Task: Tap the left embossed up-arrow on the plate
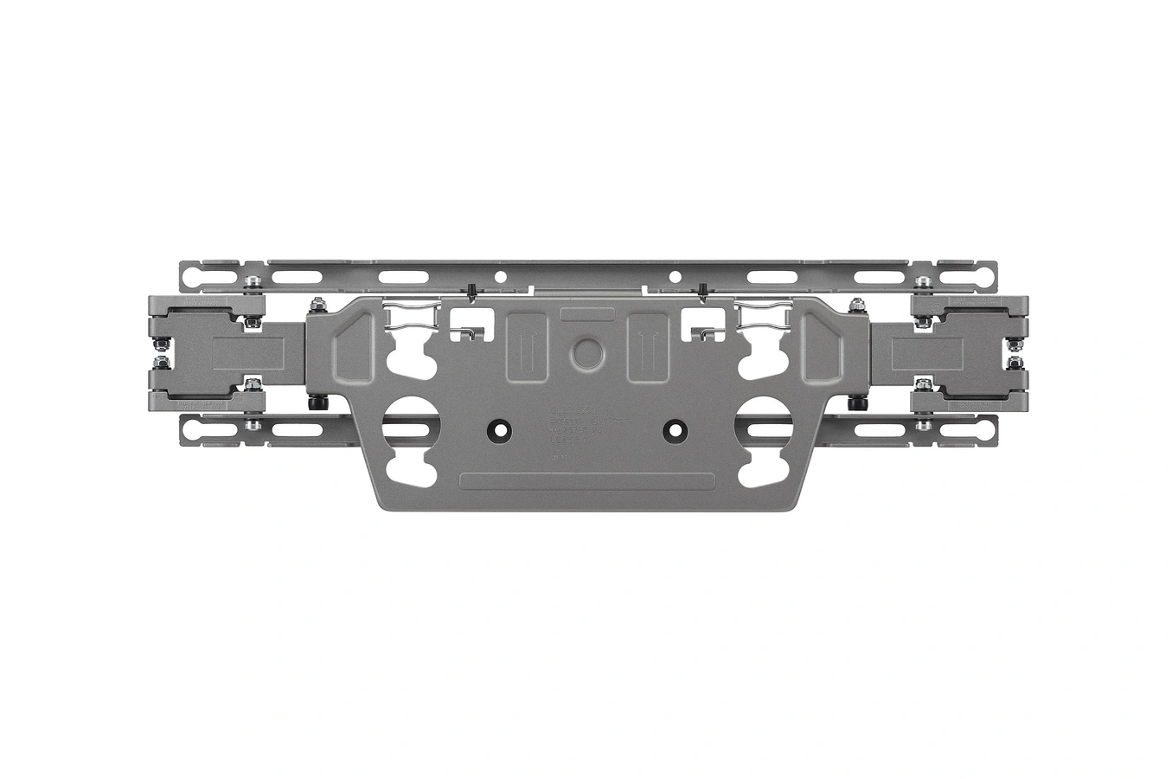tap(526, 345)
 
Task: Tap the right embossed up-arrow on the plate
tap(644, 345)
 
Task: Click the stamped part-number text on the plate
tap(586, 428)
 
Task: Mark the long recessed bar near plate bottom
tap(586, 481)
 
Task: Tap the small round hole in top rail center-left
tap(499, 277)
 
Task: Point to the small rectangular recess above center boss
tap(586, 314)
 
